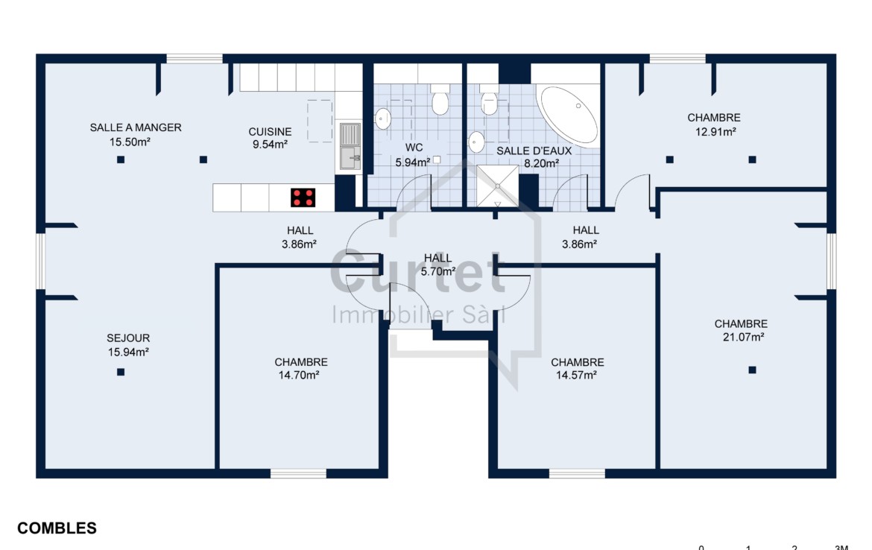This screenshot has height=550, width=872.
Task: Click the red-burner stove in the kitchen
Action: pyautogui.click(x=303, y=197)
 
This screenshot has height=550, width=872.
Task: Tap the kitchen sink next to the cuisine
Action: pyautogui.click(x=350, y=146)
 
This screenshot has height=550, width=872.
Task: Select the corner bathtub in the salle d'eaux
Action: pyautogui.click(x=569, y=115)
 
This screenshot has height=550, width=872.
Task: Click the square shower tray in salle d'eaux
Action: pyautogui.click(x=498, y=186)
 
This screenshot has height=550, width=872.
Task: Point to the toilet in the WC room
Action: pyautogui.click(x=440, y=99)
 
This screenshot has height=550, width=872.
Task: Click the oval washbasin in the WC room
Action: pyautogui.click(x=382, y=118)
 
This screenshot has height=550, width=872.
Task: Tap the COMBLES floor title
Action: pyautogui.click(x=57, y=528)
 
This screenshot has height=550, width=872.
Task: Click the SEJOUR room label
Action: pyautogui.click(x=128, y=338)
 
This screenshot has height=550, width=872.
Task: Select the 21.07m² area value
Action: pyautogui.click(x=743, y=337)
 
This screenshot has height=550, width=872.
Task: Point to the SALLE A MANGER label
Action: pyautogui.click(x=136, y=127)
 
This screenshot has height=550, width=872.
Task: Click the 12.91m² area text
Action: pyautogui.click(x=715, y=132)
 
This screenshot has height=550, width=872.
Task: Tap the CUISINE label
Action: pyautogui.click(x=271, y=132)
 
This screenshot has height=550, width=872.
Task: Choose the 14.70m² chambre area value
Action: pyautogui.click(x=299, y=376)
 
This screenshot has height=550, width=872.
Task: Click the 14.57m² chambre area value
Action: pyautogui.click(x=576, y=376)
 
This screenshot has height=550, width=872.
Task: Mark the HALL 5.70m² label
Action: pyautogui.click(x=438, y=265)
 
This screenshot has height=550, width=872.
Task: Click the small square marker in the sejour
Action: pyautogui.click(x=121, y=372)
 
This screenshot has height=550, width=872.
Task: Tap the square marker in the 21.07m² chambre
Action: pyautogui.click(x=753, y=370)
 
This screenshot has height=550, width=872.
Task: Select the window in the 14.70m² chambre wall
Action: pyautogui.click(x=299, y=474)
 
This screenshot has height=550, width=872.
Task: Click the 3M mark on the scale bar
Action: pyautogui.click(x=841, y=547)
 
